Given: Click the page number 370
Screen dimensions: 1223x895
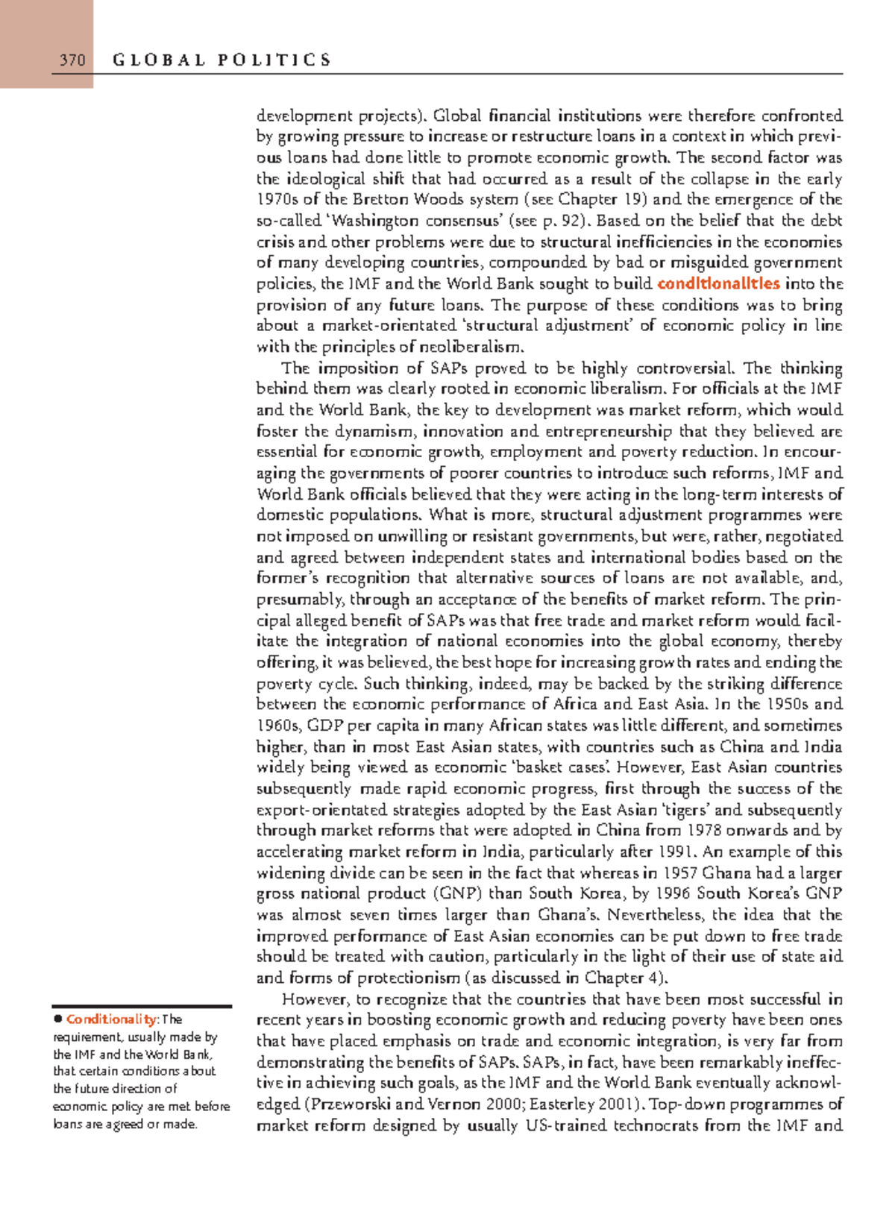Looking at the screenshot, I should click(x=72, y=60).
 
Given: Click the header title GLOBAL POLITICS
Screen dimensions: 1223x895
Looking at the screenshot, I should click(x=222, y=60).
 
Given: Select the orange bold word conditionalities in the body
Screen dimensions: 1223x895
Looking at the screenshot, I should click(x=718, y=283).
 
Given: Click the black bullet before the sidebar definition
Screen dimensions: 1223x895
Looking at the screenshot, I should click(x=57, y=1019).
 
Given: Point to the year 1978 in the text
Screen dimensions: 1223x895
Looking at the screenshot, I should click(x=706, y=830).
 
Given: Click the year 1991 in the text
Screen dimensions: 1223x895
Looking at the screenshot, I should click(x=678, y=852).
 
